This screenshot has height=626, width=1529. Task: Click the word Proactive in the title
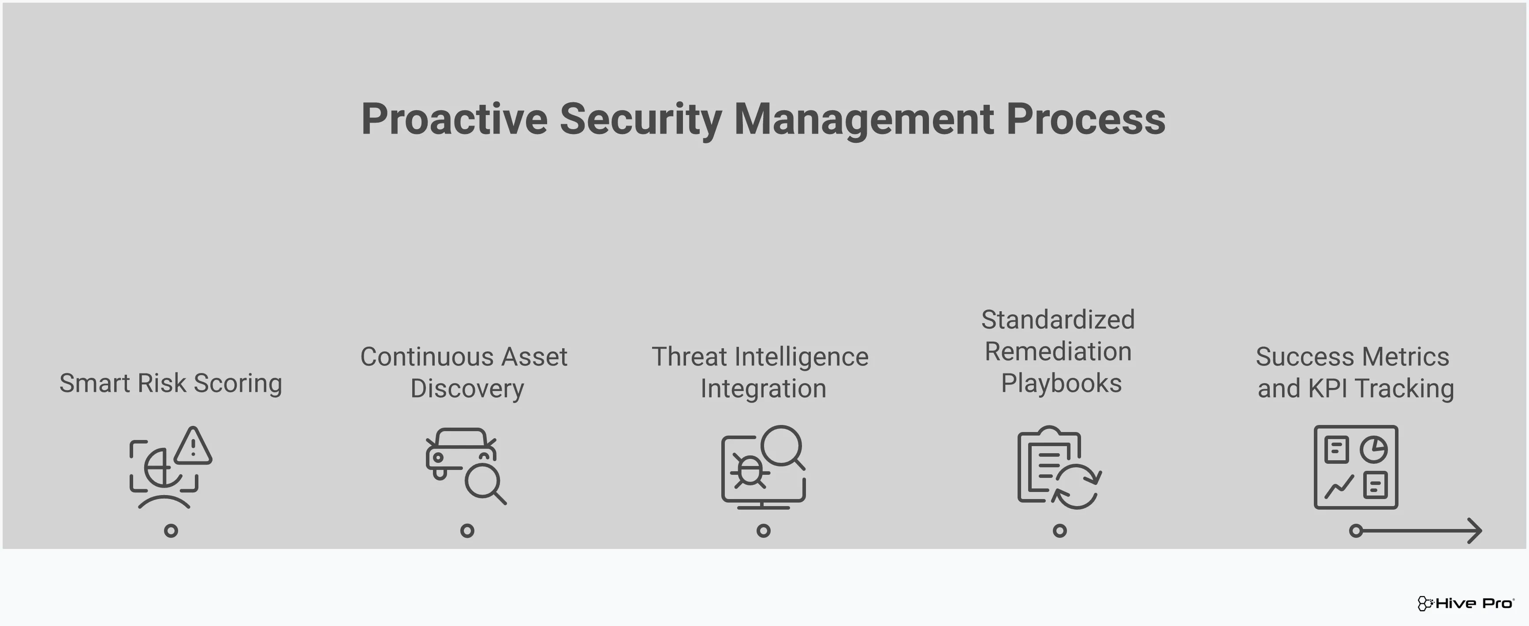tap(454, 119)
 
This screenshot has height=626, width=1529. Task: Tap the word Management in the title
tap(864, 119)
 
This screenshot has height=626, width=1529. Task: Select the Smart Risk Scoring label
tap(170, 383)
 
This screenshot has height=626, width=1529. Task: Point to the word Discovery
tap(467, 389)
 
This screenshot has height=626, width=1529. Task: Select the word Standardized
tap(1058, 319)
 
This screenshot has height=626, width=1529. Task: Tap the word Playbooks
tap(1061, 383)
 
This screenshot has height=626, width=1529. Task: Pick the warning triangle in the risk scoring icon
tap(193, 446)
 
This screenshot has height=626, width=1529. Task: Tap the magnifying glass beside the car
tap(485, 484)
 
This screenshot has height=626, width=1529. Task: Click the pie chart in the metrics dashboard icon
tap(1373, 449)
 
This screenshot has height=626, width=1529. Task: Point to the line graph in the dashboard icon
tap(1339, 487)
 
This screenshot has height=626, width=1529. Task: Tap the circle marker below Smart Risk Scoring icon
tap(171, 530)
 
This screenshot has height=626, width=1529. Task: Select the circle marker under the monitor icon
tap(763, 530)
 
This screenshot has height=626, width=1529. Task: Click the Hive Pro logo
tap(1465, 604)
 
